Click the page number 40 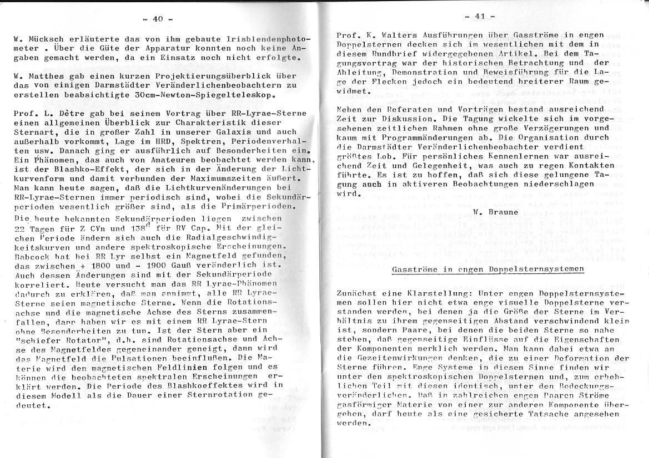158,19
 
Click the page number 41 480,16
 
